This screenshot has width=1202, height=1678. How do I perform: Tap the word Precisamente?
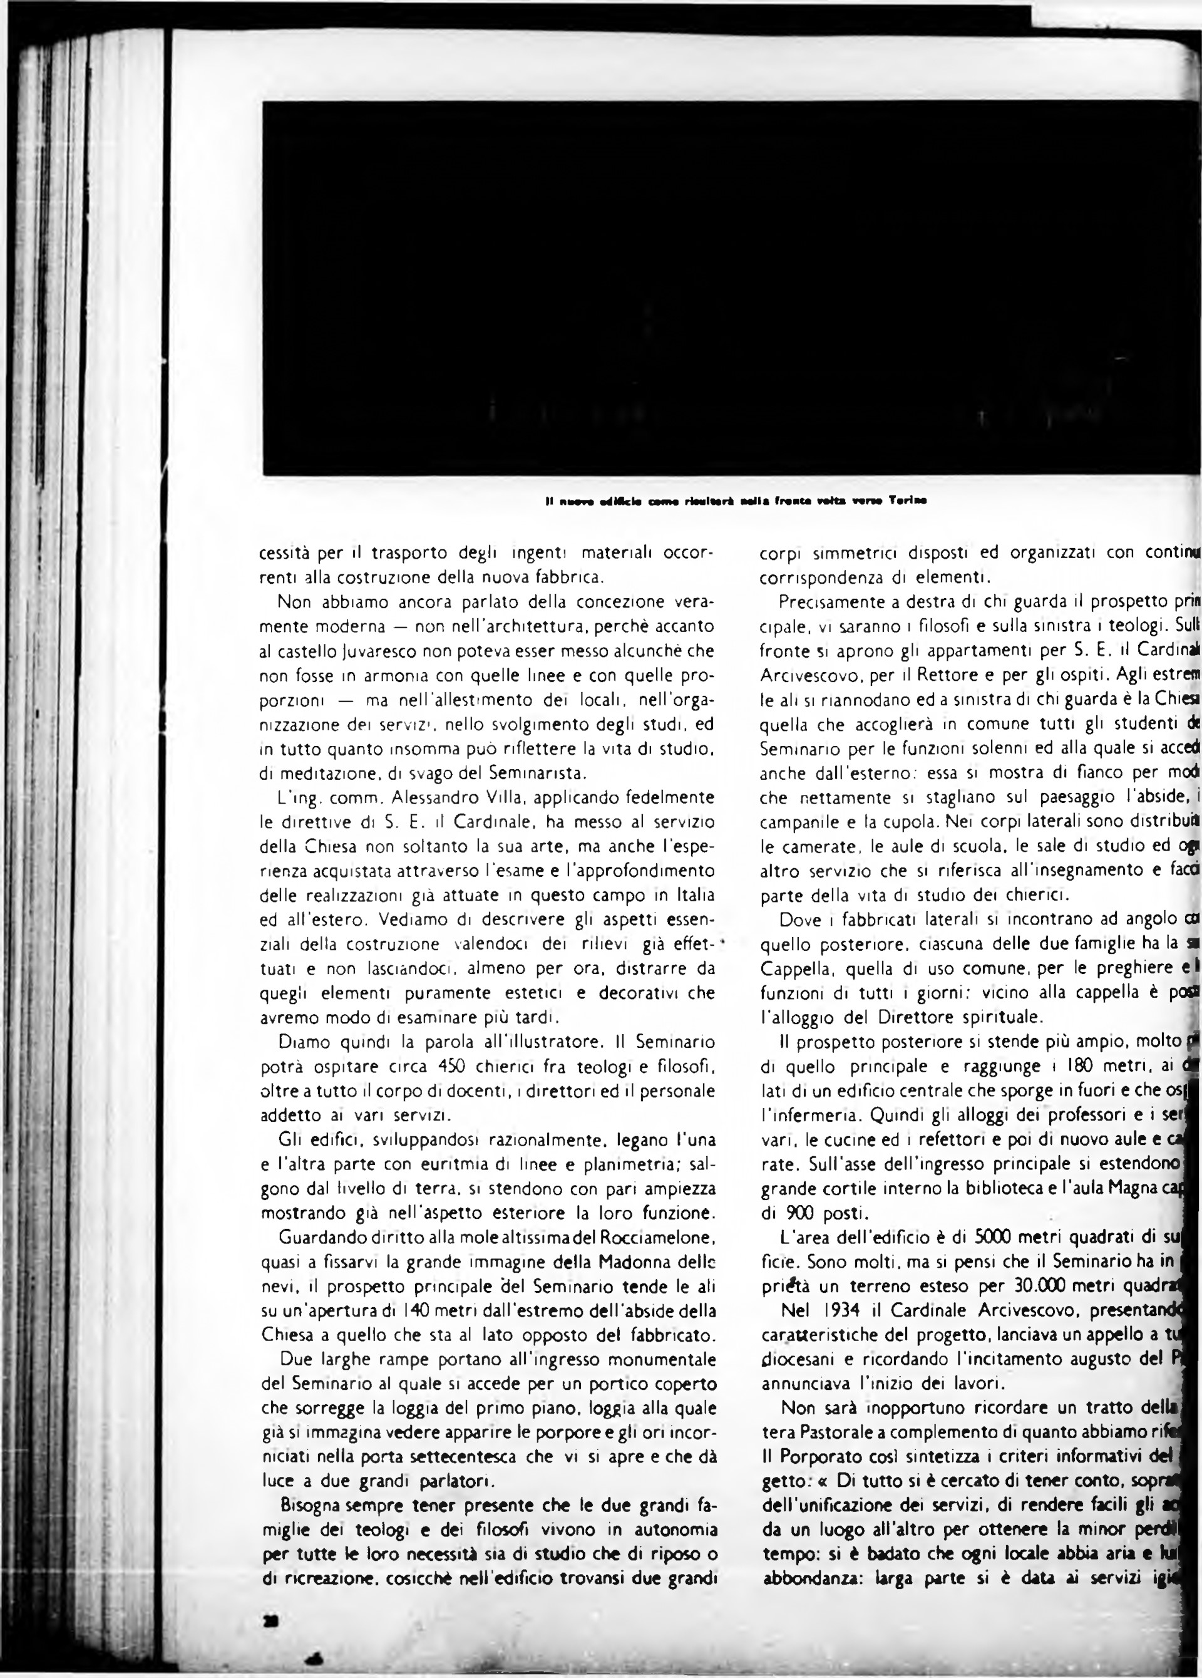(824, 603)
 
